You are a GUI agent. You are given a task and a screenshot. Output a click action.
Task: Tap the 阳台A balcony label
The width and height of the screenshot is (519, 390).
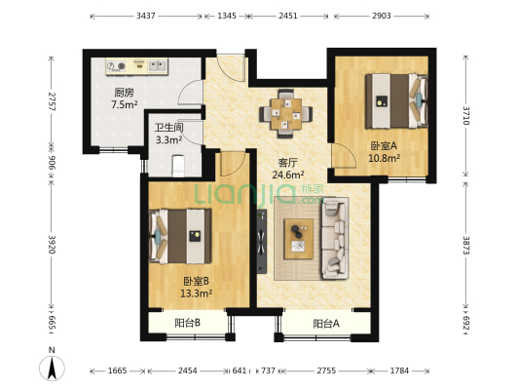tap(326, 324)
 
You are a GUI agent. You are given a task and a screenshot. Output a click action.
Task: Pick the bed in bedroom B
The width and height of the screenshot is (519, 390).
tap(179, 235)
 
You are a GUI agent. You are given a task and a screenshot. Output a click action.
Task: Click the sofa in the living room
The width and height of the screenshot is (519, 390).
tap(335, 236)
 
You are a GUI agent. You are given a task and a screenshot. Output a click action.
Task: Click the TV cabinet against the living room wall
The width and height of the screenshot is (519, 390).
tap(261, 238)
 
